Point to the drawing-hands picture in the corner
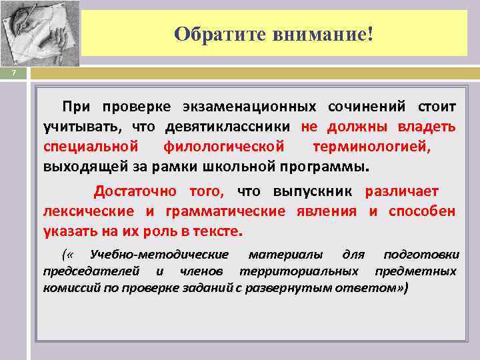tap(39, 33)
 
